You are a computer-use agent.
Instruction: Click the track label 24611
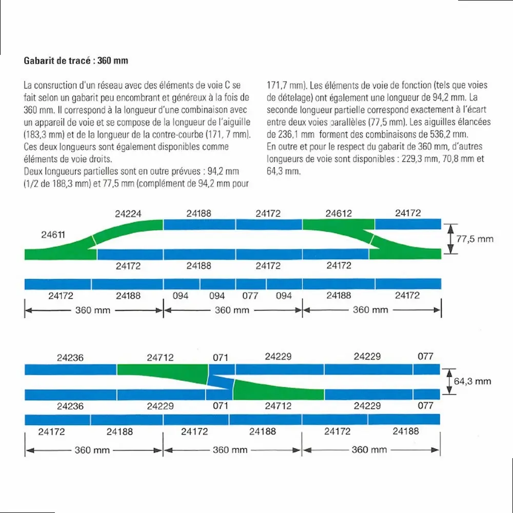tap(53, 235)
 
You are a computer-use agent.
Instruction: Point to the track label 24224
tap(127, 213)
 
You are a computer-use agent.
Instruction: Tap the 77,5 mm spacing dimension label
tap(475, 239)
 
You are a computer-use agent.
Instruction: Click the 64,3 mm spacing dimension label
tap(472, 381)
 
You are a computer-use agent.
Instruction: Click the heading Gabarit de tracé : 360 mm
tap(76, 61)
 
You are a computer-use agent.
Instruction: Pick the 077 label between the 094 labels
tap(250, 295)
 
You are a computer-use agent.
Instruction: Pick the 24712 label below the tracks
tap(278, 406)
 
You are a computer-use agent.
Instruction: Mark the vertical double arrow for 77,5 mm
tap(450, 239)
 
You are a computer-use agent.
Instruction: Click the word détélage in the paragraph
tap(285, 97)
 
